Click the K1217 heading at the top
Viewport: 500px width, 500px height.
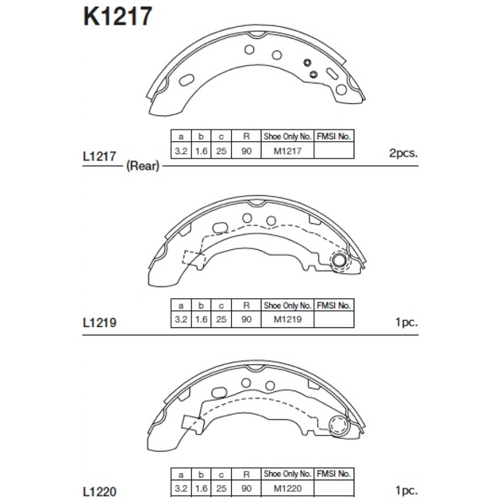[117, 16]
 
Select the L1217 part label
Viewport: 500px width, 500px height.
[99, 156]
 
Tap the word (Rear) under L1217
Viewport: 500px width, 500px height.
[143, 166]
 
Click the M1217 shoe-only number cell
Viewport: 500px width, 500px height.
[287, 151]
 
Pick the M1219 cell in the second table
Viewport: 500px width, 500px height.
[287, 319]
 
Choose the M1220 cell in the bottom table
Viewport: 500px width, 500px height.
[287, 488]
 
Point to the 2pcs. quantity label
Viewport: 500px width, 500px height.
[403, 153]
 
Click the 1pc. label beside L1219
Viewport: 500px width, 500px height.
[406, 322]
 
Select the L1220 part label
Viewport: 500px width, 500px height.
[99, 491]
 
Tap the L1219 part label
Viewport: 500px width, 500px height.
[99, 323]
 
